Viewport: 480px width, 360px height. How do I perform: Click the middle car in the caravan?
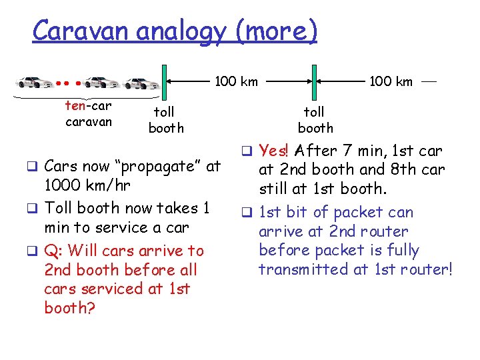click(x=101, y=83)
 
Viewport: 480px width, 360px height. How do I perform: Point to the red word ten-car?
click(x=88, y=106)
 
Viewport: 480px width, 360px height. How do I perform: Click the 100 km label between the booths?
click(x=236, y=82)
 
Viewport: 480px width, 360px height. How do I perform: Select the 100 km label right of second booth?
click(x=391, y=82)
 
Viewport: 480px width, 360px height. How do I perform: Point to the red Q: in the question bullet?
click(x=53, y=251)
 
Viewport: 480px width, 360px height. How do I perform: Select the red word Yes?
click(x=275, y=151)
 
